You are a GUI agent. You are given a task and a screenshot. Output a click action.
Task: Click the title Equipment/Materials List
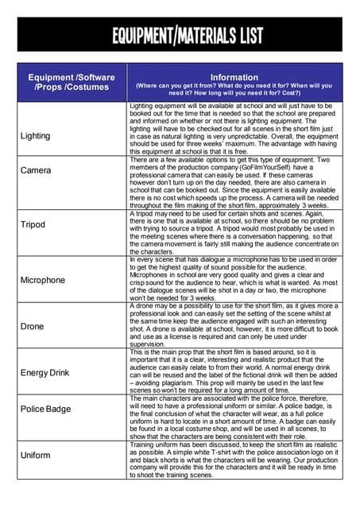pos(180,35)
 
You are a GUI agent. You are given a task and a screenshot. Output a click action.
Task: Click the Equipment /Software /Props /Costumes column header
pos(72,82)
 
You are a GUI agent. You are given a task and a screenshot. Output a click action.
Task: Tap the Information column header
pos(235,83)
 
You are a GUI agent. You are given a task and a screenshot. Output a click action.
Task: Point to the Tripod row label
pos(33,224)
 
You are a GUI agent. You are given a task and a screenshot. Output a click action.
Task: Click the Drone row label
pos(32,326)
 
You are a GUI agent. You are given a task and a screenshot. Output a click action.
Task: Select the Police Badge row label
pos(46,409)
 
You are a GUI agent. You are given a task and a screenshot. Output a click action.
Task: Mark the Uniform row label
pos(37,455)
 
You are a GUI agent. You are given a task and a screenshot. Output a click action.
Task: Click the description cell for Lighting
pos(235,128)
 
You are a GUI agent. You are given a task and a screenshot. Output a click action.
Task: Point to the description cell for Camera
pos(235,182)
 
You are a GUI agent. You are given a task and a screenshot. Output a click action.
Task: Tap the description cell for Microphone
pos(235,278)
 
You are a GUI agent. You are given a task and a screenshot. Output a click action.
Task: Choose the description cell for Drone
pos(235,324)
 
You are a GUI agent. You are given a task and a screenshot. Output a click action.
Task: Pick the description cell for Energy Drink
pos(235,371)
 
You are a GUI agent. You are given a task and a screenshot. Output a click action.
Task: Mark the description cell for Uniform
pos(235,460)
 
